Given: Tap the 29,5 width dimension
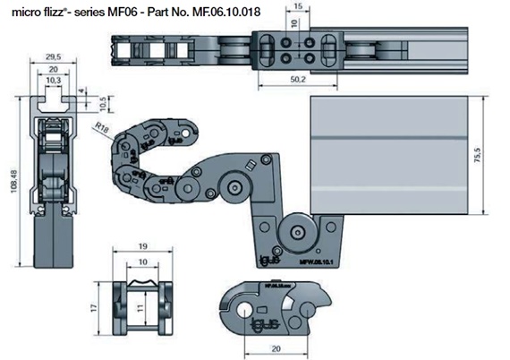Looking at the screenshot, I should pos(54,56).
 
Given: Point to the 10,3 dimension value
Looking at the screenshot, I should pos(53,80).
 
